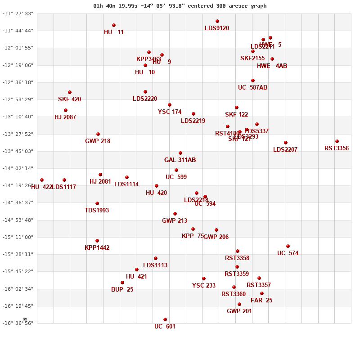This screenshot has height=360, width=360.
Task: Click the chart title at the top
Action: pyautogui.click(x=180, y=6)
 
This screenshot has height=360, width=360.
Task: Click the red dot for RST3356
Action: pyautogui.click(x=337, y=141)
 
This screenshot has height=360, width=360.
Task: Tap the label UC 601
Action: pyautogui.click(x=165, y=327)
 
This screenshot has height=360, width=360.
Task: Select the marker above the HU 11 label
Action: pyautogui.click(x=114, y=25)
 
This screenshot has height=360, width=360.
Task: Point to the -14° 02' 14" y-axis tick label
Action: pyautogui.click(x=18, y=168)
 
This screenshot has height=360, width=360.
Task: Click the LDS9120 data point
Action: pyautogui.click(x=217, y=21)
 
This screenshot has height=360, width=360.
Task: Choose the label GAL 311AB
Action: pyautogui.click(x=180, y=160)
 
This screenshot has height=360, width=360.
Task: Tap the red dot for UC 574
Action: pyautogui.click(x=288, y=246)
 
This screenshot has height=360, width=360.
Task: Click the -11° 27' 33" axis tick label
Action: pyautogui.click(x=18, y=13)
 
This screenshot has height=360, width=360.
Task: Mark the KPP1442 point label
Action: pyautogui.click(x=97, y=248)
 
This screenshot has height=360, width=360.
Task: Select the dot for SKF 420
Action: pyautogui.click(x=70, y=92)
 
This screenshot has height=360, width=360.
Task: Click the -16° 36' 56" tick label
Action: pyautogui.click(x=18, y=323)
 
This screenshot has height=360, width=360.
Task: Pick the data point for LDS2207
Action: pyautogui.click(x=286, y=143)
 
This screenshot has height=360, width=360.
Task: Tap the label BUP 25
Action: pyautogui.click(x=122, y=290)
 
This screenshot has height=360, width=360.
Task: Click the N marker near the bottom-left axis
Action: pyautogui.click(x=26, y=319)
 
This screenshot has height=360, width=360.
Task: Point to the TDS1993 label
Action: pyautogui.click(x=97, y=211)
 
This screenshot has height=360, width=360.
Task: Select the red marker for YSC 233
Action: pyautogui.click(x=204, y=279)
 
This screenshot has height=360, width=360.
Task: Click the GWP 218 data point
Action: pyautogui.click(x=98, y=134)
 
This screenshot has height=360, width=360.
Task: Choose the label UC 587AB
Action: pyautogui.click(x=252, y=88)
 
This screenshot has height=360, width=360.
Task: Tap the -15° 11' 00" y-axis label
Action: pyautogui.click(x=18, y=237)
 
